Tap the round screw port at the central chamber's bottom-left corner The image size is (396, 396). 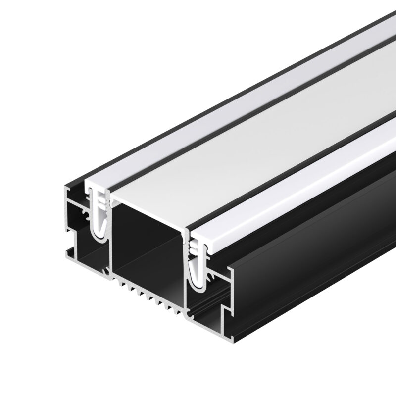tap(106, 272)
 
